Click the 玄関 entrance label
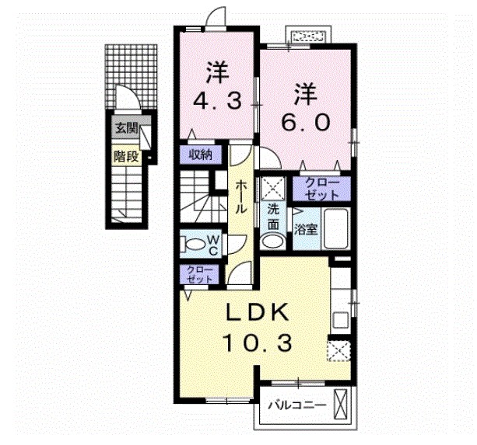(x=125, y=129)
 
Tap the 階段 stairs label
(x=125, y=155)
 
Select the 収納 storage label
(x=199, y=154)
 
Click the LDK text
(x=258, y=311)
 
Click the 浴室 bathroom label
(x=304, y=229)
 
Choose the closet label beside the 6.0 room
(x=321, y=188)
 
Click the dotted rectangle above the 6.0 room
(x=309, y=37)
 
